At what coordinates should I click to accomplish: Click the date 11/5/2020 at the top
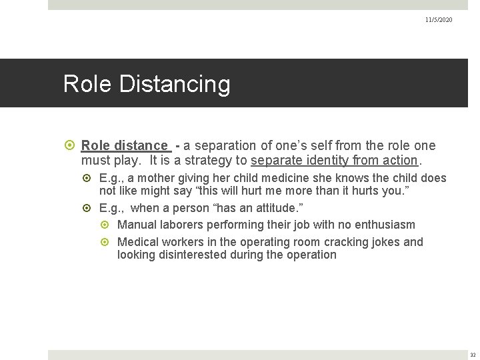pos(438,20)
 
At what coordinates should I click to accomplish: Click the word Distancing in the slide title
pos(176,84)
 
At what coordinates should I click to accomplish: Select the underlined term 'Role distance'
pos(125,145)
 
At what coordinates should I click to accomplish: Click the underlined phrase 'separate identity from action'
pos(334,160)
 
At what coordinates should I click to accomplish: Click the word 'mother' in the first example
pos(157,178)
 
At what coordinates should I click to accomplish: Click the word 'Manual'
pos(136,225)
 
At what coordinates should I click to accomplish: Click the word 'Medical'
pos(138,241)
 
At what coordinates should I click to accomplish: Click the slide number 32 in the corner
pos(472,355)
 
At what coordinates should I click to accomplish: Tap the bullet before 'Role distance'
pos(71,145)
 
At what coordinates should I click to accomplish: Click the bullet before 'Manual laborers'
pos(107,225)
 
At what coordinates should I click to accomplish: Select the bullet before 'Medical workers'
pos(107,241)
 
